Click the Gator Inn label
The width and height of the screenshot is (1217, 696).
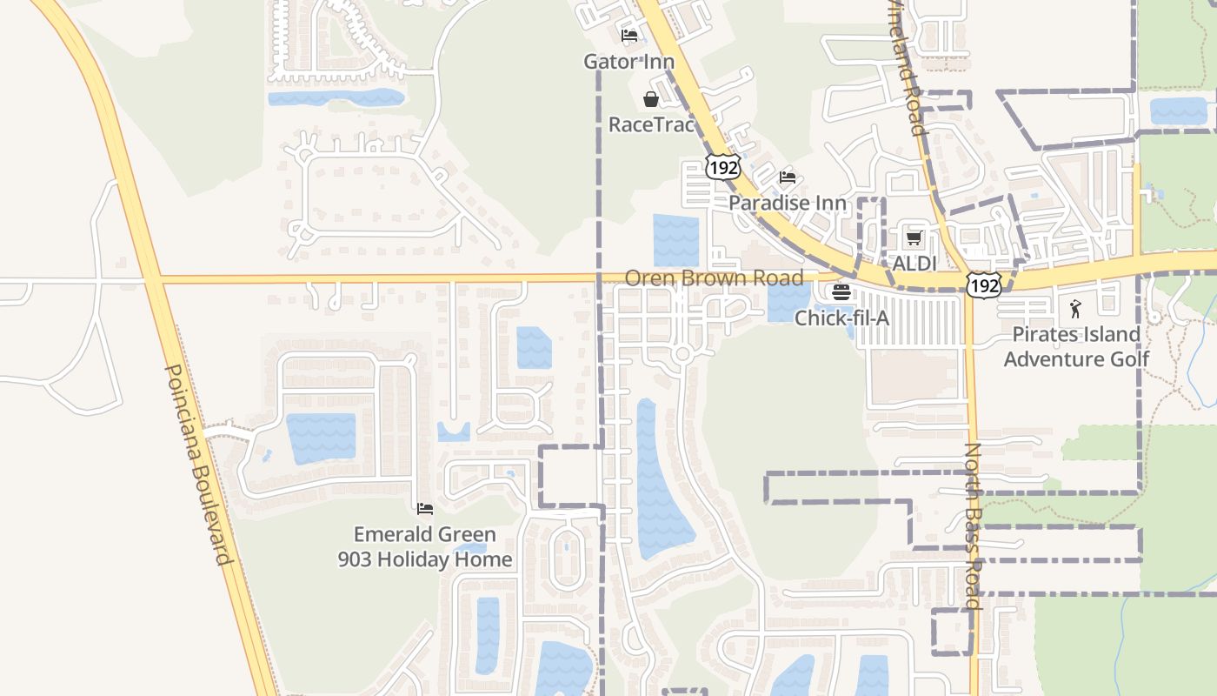click(628, 62)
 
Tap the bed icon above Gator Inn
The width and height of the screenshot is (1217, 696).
click(629, 36)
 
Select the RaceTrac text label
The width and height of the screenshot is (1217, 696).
click(651, 124)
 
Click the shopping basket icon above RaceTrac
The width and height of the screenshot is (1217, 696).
click(650, 99)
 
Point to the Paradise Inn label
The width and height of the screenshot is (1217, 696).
click(788, 203)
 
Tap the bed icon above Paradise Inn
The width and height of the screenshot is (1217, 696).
click(788, 177)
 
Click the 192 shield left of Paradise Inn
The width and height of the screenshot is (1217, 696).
click(722, 167)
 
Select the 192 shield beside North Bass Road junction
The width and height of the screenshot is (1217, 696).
click(983, 284)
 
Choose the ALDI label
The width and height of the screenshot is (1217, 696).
click(914, 263)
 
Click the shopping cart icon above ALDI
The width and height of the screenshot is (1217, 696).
click(914, 238)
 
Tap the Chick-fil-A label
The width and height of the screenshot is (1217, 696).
click(841, 318)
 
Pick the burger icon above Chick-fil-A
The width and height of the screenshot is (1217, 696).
click(841, 291)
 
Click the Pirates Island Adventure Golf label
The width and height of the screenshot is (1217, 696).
click(1076, 346)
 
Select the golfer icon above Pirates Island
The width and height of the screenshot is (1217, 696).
click(1076, 308)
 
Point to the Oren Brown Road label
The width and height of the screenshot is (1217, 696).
click(714, 278)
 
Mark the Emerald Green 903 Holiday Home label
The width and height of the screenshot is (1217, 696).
click(425, 546)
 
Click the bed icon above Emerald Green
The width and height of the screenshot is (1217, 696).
click(425, 509)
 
